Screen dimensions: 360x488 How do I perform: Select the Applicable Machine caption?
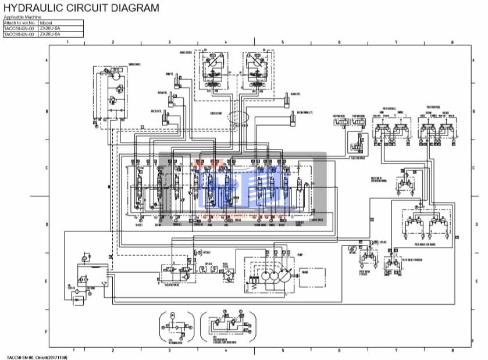(x=22, y=17)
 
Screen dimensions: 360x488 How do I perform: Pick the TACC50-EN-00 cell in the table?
(x=19, y=28)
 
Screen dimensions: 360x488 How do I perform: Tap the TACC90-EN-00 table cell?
(x=19, y=34)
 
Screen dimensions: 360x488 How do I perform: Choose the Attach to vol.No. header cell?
(x=19, y=23)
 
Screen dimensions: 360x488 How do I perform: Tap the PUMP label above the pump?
(x=300, y=255)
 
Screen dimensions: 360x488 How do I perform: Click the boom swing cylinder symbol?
(x=294, y=120)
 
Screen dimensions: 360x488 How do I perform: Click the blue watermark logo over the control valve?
(x=243, y=189)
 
